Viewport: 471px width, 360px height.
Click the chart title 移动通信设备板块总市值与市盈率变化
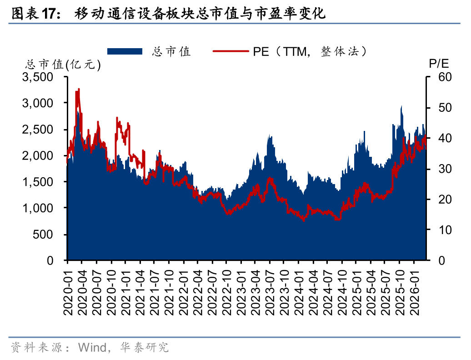(200, 14)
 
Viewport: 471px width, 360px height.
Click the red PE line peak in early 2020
(79, 90)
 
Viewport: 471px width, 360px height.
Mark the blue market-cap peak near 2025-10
(401, 106)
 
